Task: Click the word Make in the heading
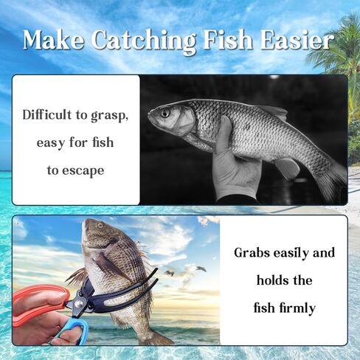pos(53,40)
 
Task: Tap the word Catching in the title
pos(144,41)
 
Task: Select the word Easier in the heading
pos(296,39)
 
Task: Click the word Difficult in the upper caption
pos(47,114)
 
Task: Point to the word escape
pos(83,171)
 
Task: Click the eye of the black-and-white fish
pos(165,113)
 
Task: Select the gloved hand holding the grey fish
pos(234,162)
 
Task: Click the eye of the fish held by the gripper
pos(100,225)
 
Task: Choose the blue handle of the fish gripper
pos(74,330)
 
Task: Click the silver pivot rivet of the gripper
pos(79,305)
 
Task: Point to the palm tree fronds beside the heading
pos(345,49)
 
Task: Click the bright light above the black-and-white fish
pos(274,77)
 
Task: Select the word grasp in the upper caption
pos(109,116)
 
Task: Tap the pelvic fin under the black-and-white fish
pos(288,167)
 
